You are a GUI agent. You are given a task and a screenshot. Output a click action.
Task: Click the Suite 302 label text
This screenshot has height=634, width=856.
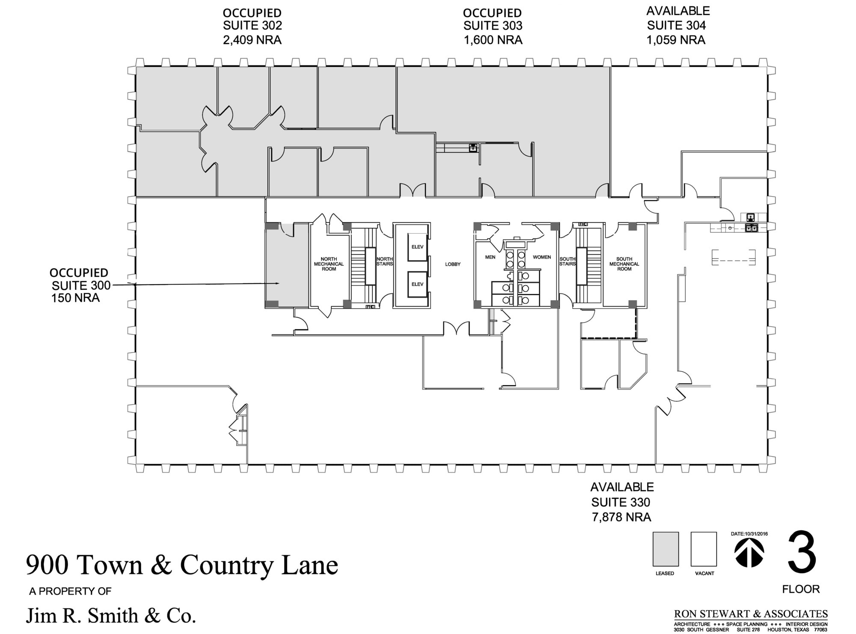pyautogui.click(x=252, y=26)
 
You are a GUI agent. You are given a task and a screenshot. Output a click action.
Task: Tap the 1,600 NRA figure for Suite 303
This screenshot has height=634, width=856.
pyautogui.click(x=493, y=40)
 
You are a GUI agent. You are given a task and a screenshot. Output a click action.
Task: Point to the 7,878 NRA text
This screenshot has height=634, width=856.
pyautogui.click(x=621, y=517)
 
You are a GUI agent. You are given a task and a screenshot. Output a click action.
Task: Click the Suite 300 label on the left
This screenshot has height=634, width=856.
pyautogui.click(x=81, y=285)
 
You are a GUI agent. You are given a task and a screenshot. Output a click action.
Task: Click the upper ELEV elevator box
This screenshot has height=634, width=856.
pyautogui.click(x=417, y=247)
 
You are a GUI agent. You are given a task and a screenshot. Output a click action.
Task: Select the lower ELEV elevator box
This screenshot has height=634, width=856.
pyautogui.click(x=417, y=284)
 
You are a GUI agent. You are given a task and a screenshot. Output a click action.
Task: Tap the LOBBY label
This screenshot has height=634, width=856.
pyautogui.click(x=452, y=264)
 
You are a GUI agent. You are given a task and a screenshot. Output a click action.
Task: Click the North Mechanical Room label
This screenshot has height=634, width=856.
pyautogui.click(x=329, y=264)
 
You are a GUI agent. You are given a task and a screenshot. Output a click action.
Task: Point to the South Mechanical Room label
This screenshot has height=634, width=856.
pyautogui.click(x=624, y=264)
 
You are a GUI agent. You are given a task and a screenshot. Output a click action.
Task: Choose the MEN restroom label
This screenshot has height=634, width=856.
pyautogui.click(x=490, y=257)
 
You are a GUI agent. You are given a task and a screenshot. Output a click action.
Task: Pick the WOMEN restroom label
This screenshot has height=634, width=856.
pyautogui.click(x=541, y=257)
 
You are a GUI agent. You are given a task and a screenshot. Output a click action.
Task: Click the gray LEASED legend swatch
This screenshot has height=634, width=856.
pyautogui.click(x=665, y=549)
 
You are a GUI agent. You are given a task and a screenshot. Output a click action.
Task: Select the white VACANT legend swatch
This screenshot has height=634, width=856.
pyautogui.click(x=703, y=549)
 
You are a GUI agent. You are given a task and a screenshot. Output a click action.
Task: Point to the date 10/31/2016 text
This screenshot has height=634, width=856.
pyautogui.click(x=749, y=534)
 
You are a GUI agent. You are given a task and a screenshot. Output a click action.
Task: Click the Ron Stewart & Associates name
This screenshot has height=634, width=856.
pyautogui.click(x=751, y=614)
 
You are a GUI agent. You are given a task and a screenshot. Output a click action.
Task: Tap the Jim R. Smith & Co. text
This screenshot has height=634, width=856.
pyautogui.click(x=111, y=616)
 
